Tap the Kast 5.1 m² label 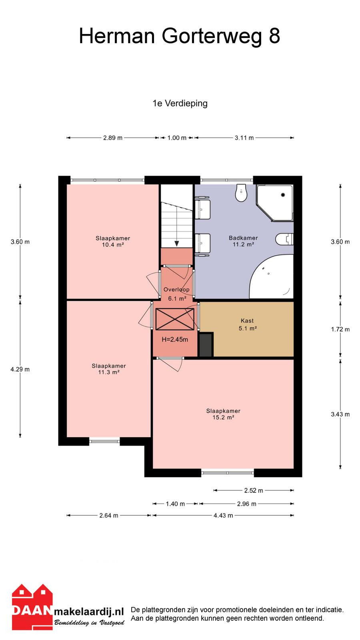pyautogui.click(x=248, y=324)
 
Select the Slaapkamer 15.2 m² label pyautogui.click(x=223, y=414)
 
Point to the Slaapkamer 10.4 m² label pyautogui.click(x=112, y=242)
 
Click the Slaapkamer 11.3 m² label pyautogui.click(x=108, y=369)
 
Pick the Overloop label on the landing pyautogui.click(x=176, y=290)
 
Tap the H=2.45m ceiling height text pyautogui.click(x=175, y=340)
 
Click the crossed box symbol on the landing pyautogui.click(x=175, y=319)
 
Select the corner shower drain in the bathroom pyautogui.click(x=283, y=195)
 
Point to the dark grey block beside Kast pyautogui.click(x=206, y=344)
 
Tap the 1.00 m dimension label pyautogui.click(x=177, y=138)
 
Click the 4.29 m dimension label pyautogui.click(x=20, y=369)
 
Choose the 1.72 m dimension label pyautogui.click(x=340, y=329)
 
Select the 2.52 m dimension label pyautogui.click(x=254, y=490)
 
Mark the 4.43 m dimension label pyautogui.click(x=223, y=516)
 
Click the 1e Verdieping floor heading pyautogui.click(x=180, y=103)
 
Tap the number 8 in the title pyautogui.click(x=274, y=36)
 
